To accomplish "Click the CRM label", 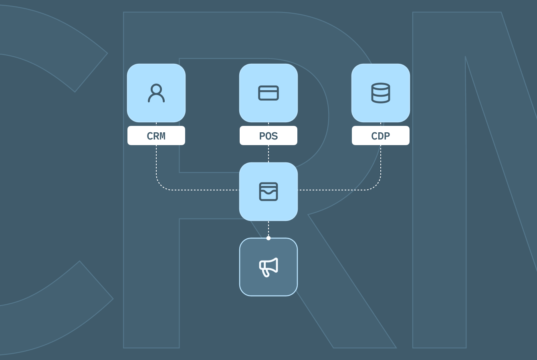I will (x=156, y=136).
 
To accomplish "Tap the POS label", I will (x=268, y=136).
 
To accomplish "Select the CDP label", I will (x=381, y=136).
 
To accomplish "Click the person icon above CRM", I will (x=156, y=93).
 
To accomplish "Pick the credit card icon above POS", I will (x=268, y=93).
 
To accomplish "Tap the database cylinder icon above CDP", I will (x=381, y=93).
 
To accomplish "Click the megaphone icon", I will (x=268, y=267).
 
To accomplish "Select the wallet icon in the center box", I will (x=268, y=192).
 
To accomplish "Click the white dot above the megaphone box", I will (x=268, y=238).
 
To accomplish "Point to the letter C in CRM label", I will (x=150, y=136).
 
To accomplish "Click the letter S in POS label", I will (x=275, y=136).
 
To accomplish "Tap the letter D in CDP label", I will (x=381, y=136).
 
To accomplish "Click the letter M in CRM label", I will (x=162, y=136).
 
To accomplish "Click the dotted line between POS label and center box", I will (x=268, y=154).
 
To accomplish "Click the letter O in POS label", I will (x=268, y=136).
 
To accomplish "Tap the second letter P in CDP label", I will (x=387, y=136).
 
